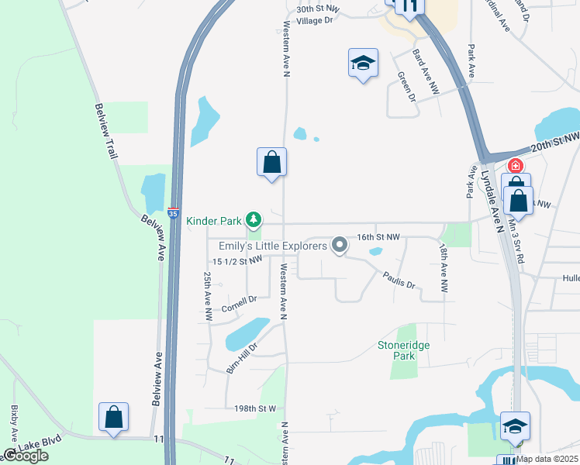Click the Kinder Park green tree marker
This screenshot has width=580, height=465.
tap(253, 221)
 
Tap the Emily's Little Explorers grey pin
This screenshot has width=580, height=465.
tap(339, 246)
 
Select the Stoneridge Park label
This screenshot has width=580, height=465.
tap(402, 350)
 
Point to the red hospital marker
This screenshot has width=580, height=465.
tap(515, 166)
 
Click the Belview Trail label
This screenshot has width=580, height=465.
tap(106, 132)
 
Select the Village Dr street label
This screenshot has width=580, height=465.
tap(314, 20)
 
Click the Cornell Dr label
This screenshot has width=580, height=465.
tap(239, 305)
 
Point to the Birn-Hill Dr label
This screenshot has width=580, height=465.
tap(241, 354)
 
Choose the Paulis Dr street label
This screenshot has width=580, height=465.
tap(399, 280)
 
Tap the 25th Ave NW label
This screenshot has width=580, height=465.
tap(208, 296)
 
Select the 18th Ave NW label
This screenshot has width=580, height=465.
tap(443, 268)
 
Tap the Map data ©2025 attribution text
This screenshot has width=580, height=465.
tap(546, 459)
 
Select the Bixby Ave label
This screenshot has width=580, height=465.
tap(14, 422)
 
